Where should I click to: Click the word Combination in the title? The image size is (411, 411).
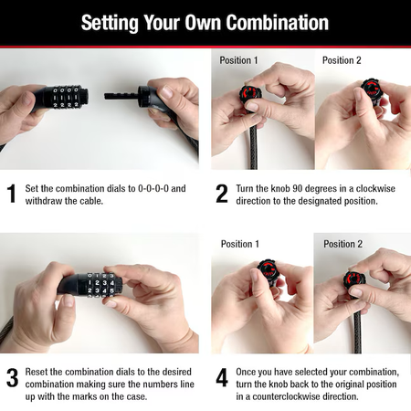[278, 22]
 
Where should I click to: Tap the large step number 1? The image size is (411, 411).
[11, 194]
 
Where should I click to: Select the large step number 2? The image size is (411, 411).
[222, 194]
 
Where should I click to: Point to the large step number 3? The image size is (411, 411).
[12, 377]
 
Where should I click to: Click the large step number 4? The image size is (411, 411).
[222, 377]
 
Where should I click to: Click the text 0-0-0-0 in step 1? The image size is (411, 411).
[153, 188]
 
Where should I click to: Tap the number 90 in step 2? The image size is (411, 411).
[297, 188]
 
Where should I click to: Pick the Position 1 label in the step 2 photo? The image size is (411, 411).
[238, 60]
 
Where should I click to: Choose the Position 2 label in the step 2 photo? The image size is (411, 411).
[342, 60]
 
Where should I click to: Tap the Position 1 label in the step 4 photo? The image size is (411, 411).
[240, 244]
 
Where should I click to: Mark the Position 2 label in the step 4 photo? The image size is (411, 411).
[342, 244]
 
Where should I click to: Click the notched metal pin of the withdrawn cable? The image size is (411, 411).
[121, 96]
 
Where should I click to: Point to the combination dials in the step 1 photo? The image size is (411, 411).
[66, 97]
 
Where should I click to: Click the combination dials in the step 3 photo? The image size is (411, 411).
[100, 285]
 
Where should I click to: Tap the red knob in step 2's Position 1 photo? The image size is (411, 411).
[251, 93]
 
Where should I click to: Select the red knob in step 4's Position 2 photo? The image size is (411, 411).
[354, 280]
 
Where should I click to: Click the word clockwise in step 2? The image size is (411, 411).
[375, 188]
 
